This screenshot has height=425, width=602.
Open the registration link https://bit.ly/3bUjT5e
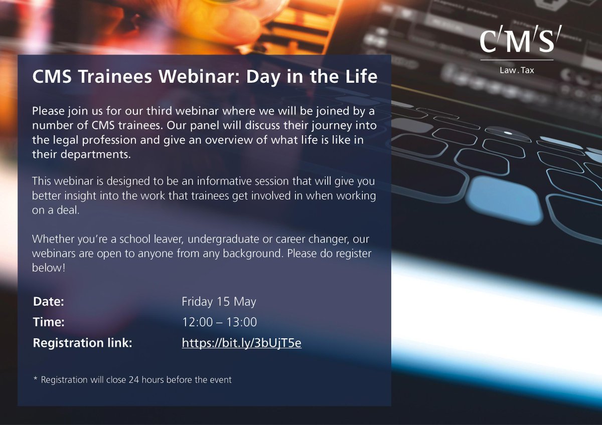[x=241, y=343]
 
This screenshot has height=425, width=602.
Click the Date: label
[x=49, y=302]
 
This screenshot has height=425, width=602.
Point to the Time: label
[x=49, y=323]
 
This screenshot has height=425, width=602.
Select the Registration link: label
[x=82, y=343]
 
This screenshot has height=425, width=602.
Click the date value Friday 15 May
[x=219, y=302]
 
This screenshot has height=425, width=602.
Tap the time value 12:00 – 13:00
[x=219, y=323]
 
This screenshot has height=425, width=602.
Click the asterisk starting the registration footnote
[x=35, y=379]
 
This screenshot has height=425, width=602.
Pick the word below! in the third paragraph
[x=49, y=268]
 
